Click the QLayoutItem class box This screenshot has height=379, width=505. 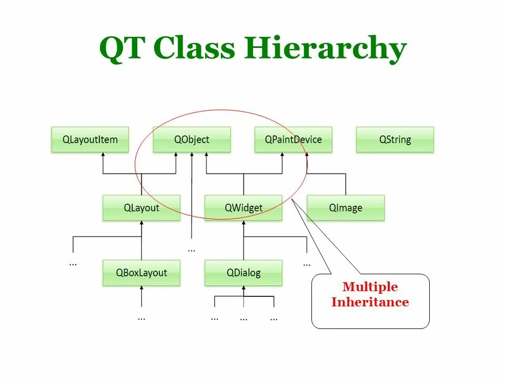coord(90,139)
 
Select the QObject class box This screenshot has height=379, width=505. coord(191,139)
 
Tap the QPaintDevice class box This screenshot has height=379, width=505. coord(293,139)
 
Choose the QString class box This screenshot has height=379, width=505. coord(395,139)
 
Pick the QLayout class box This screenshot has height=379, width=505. coord(141,208)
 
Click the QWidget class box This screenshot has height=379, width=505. coord(243,208)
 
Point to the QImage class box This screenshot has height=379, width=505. coord(346,208)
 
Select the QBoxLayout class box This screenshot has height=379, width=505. coord(141,273)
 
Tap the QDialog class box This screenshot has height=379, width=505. coord(243,273)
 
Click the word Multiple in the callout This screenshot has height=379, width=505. coord(370,287)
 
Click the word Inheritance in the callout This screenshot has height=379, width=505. coord(370,302)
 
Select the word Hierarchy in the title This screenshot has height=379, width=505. coord(325,49)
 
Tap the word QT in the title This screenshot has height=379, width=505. coord(124,49)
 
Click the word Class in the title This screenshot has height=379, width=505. coord(194,49)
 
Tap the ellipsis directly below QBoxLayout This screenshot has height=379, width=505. coord(142,318)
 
